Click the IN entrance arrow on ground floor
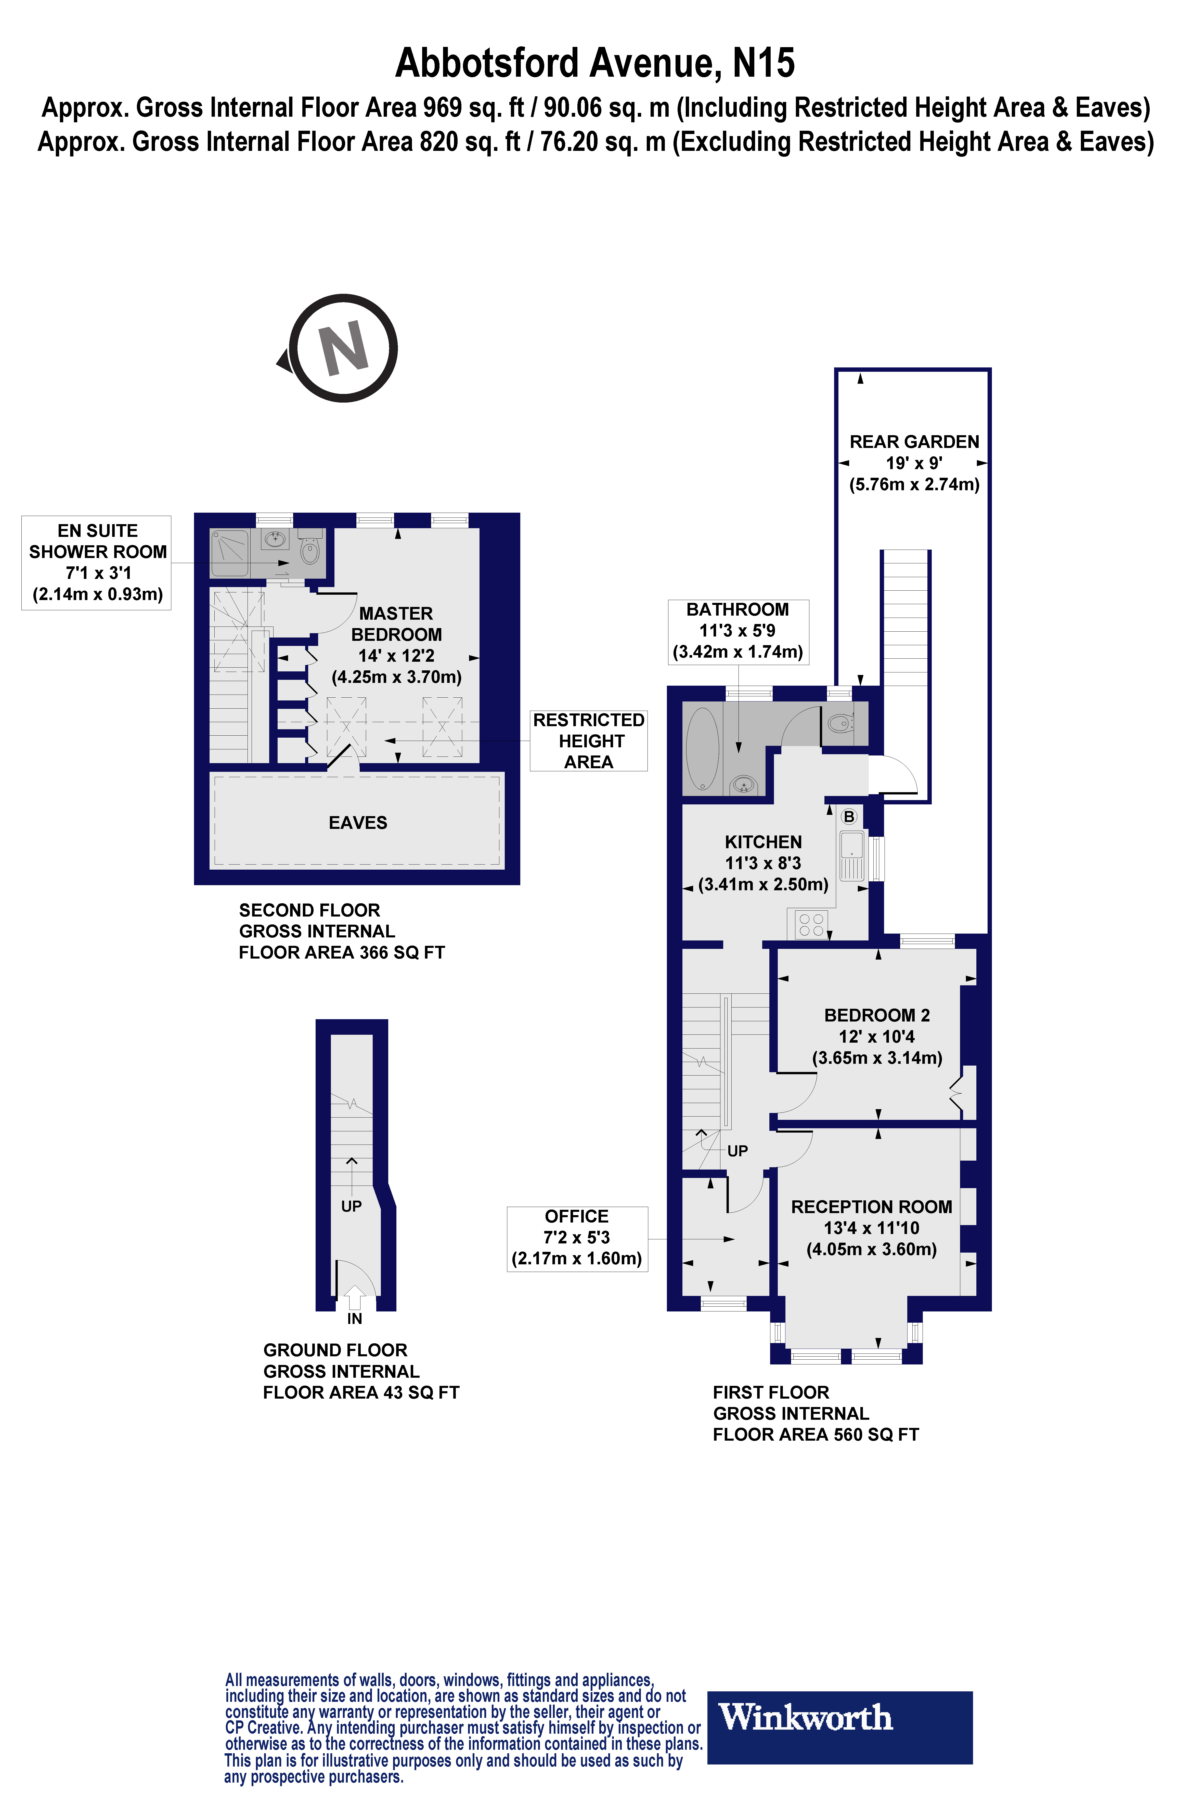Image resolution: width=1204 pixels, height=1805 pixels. (x=354, y=1297)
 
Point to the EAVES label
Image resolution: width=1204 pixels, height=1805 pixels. (x=358, y=823)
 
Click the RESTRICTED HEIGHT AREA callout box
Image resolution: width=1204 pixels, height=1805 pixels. (x=589, y=740)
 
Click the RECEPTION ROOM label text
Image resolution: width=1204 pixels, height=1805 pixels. (x=872, y=1207)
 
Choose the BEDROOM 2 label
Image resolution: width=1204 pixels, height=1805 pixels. (x=877, y=1015)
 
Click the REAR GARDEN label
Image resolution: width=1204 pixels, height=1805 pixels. (x=914, y=442)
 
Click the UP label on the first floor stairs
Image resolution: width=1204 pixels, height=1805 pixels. (x=737, y=1151)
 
